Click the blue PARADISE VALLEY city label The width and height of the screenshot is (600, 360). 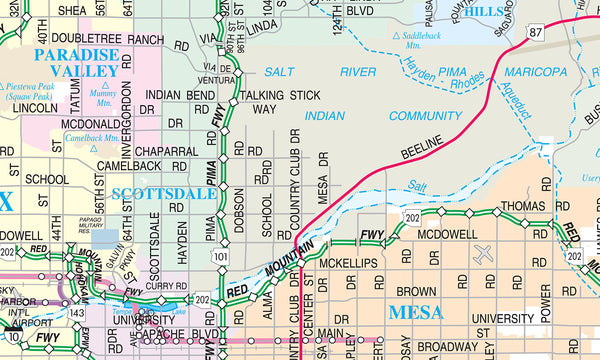[x=77, y=63]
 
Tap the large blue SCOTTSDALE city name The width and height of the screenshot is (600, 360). [x=163, y=193]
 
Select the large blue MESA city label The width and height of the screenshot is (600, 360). [x=415, y=311]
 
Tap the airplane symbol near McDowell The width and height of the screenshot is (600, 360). [x=484, y=255]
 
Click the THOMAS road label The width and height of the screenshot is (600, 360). [x=523, y=205]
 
